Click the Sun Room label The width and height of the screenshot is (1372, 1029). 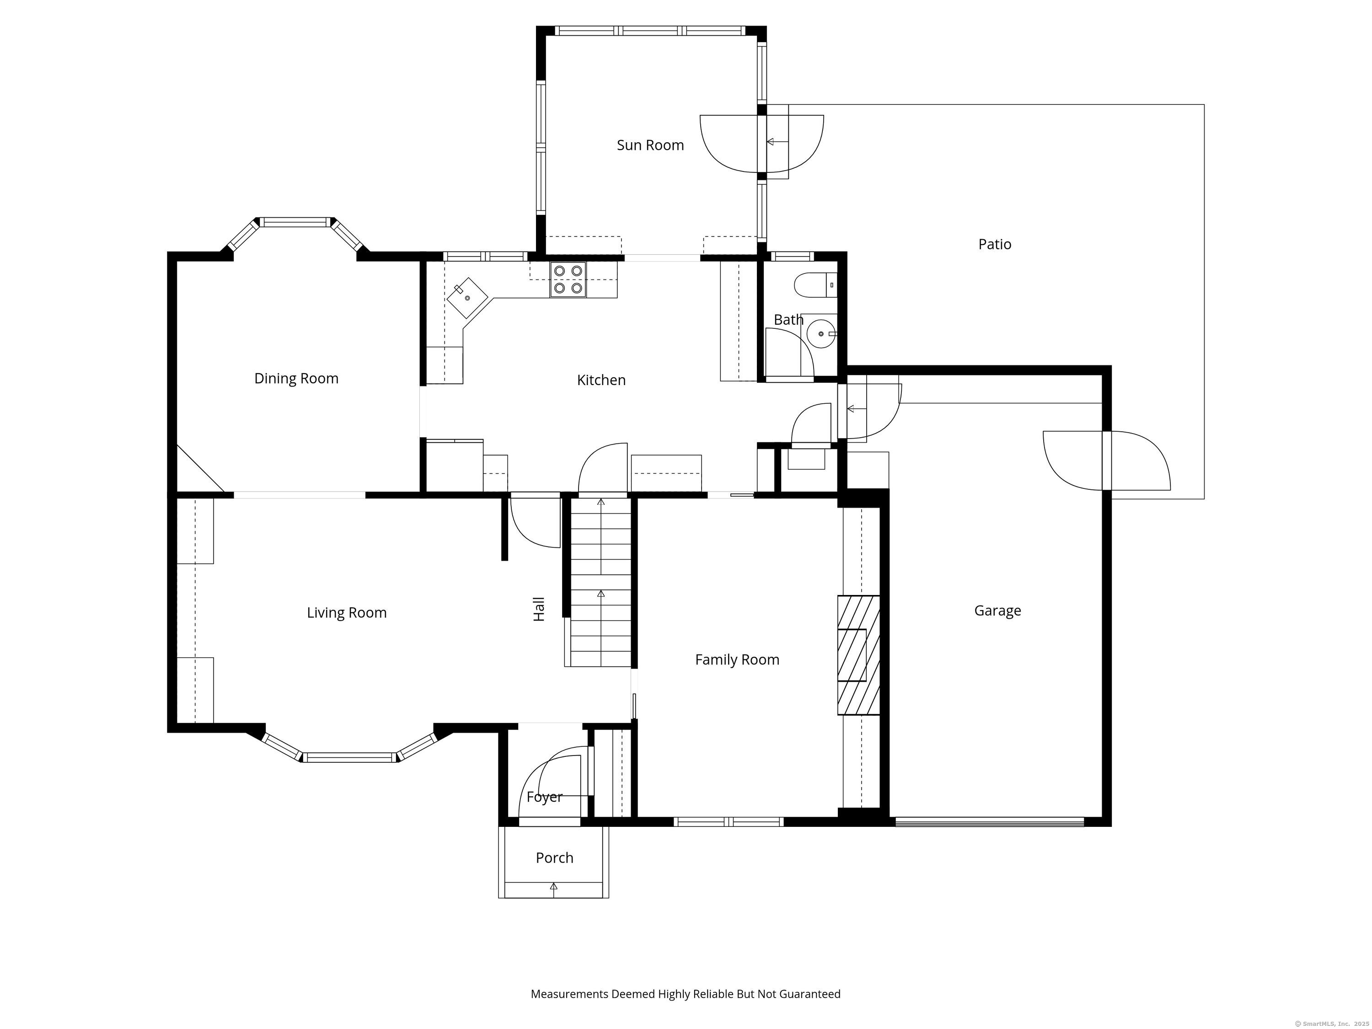coord(650,145)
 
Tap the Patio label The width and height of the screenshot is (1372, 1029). coord(994,244)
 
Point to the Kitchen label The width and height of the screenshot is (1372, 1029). coord(601,380)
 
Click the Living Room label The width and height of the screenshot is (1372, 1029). coord(347,613)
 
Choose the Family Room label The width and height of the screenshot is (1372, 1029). coord(737,660)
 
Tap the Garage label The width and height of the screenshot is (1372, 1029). coord(997,611)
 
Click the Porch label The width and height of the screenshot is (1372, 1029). coord(554,858)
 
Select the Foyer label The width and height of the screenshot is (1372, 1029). coord(544,797)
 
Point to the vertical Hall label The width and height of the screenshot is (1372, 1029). coord(539,609)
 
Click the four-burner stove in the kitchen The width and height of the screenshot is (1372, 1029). coord(568,279)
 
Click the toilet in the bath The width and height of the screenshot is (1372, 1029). coord(815,285)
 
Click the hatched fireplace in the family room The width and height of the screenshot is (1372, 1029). coord(858,655)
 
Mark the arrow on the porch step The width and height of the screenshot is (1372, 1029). coord(554,888)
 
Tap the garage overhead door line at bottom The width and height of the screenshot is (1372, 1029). coord(990,822)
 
